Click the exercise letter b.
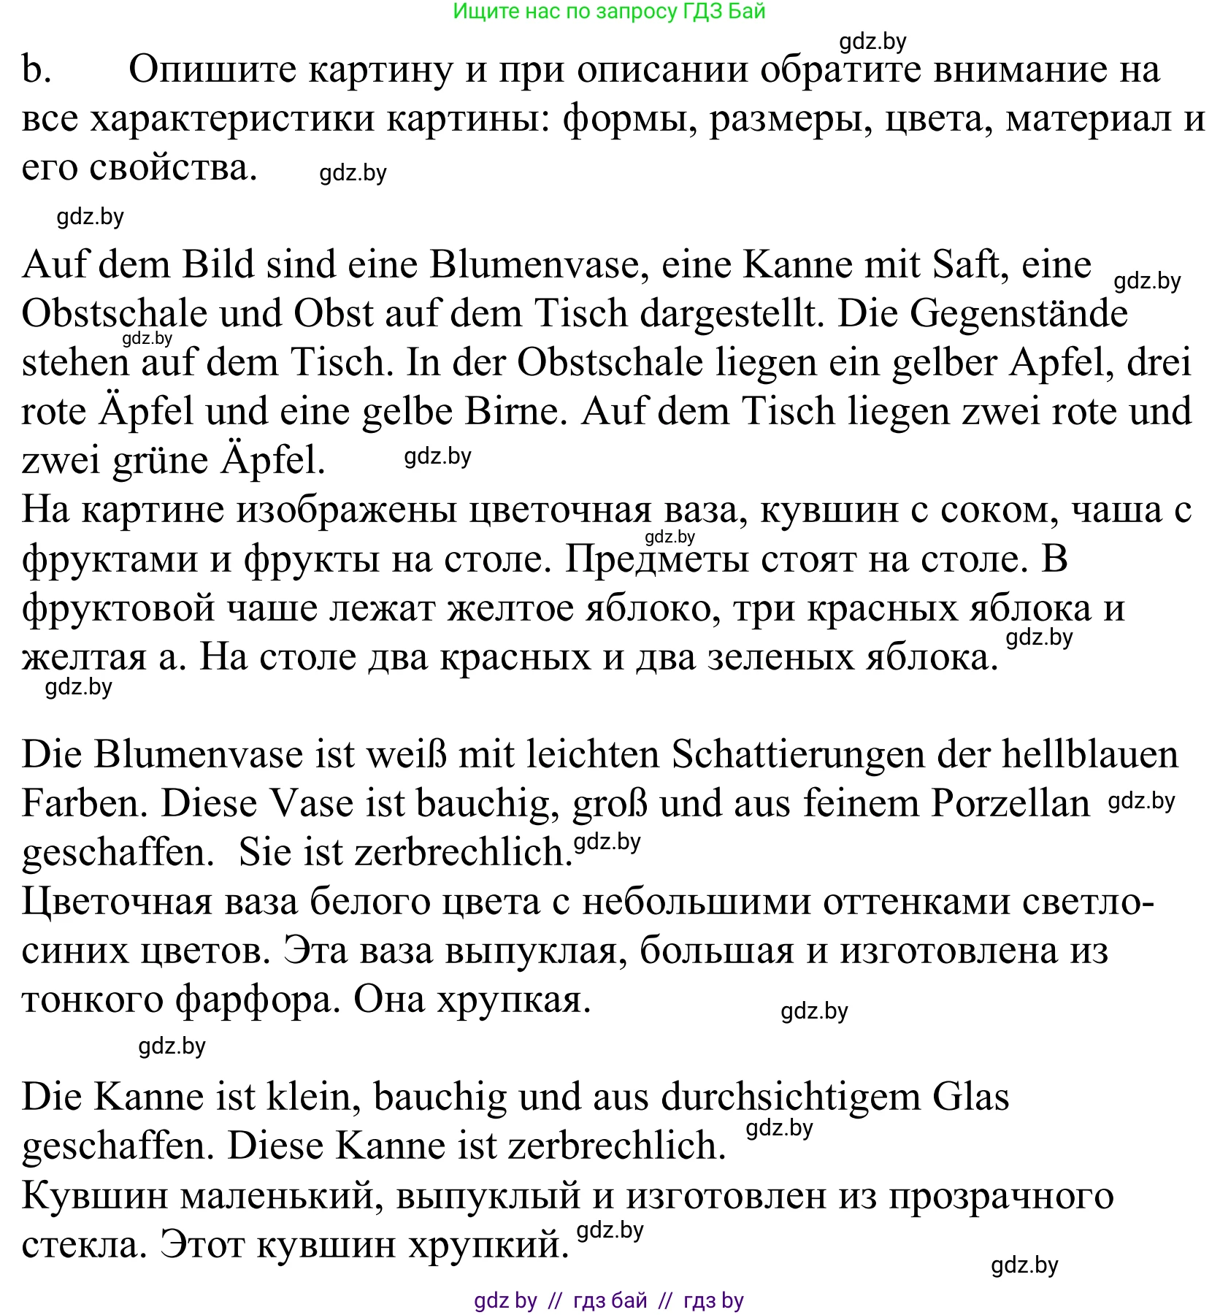[x=37, y=70]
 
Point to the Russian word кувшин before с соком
[x=829, y=510]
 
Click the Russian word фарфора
[x=258, y=1000]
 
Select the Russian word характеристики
[x=232, y=119]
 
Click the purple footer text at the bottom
[x=609, y=1300]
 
